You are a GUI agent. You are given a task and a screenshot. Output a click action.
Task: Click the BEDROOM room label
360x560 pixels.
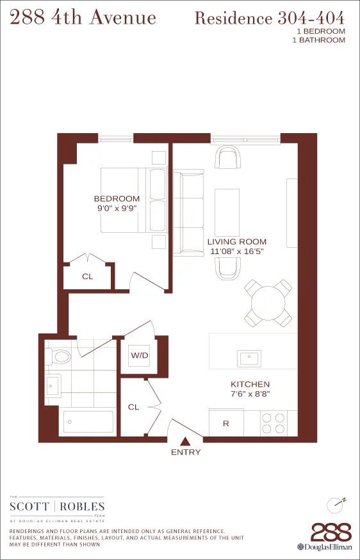click(117, 199)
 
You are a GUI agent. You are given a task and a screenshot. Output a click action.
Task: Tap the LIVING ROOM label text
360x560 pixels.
click(237, 242)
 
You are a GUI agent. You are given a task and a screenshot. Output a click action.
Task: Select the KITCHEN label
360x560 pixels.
click(250, 385)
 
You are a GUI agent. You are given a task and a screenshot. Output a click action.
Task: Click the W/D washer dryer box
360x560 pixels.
click(140, 355)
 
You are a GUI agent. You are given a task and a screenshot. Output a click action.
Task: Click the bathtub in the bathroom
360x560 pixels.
click(88, 422)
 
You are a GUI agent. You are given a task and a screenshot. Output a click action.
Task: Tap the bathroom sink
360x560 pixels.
click(53, 384)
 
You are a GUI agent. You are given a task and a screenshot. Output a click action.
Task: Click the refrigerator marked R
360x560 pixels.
click(226, 423)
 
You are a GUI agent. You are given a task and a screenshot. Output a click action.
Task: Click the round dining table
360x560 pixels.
click(268, 302)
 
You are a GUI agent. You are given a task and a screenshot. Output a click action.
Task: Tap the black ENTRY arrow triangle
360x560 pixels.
click(186, 441)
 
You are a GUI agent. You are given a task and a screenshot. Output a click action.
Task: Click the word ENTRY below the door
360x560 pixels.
click(186, 452)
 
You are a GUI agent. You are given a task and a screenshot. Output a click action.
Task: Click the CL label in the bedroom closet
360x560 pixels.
click(87, 277)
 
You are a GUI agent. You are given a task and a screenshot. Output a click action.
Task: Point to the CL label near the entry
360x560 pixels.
click(134, 407)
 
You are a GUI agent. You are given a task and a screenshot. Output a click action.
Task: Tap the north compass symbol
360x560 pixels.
click(336, 504)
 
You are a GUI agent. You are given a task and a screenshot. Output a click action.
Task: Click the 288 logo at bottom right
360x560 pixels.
click(331, 532)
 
